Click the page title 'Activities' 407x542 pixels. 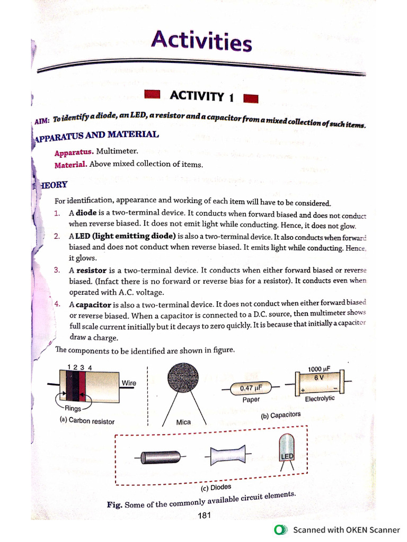(201, 41)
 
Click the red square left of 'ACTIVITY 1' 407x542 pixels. (152, 94)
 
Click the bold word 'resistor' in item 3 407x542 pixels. (91, 270)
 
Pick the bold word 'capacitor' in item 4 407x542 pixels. (93, 305)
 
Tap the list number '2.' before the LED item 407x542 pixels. (57, 236)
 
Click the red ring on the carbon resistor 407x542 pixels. (82, 386)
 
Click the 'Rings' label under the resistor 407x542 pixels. (72, 408)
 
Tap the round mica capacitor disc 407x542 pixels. (183, 378)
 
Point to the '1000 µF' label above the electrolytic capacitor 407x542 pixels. (319, 369)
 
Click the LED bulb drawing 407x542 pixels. (286, 448)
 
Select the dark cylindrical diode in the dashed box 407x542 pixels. (162, 457)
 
